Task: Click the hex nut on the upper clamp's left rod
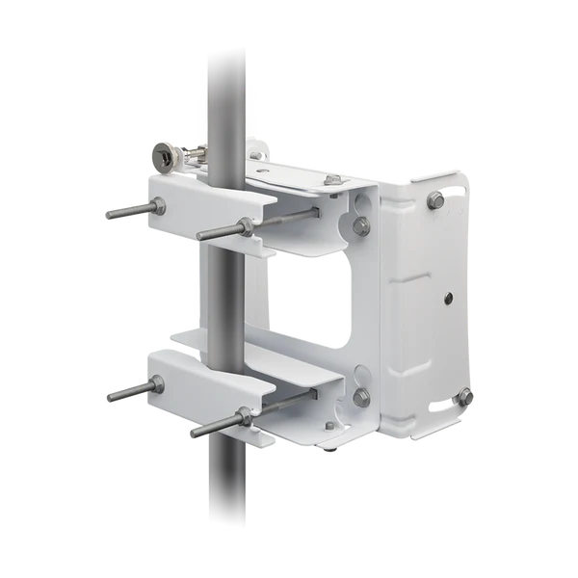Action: coord(155,204)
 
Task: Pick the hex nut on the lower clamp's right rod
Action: coord(246,416)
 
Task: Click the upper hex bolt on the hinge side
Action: coord(361,226)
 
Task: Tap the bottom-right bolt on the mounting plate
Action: coord(465,395)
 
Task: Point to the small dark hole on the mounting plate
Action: coord(448,299)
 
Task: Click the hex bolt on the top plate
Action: coord(333,179)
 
